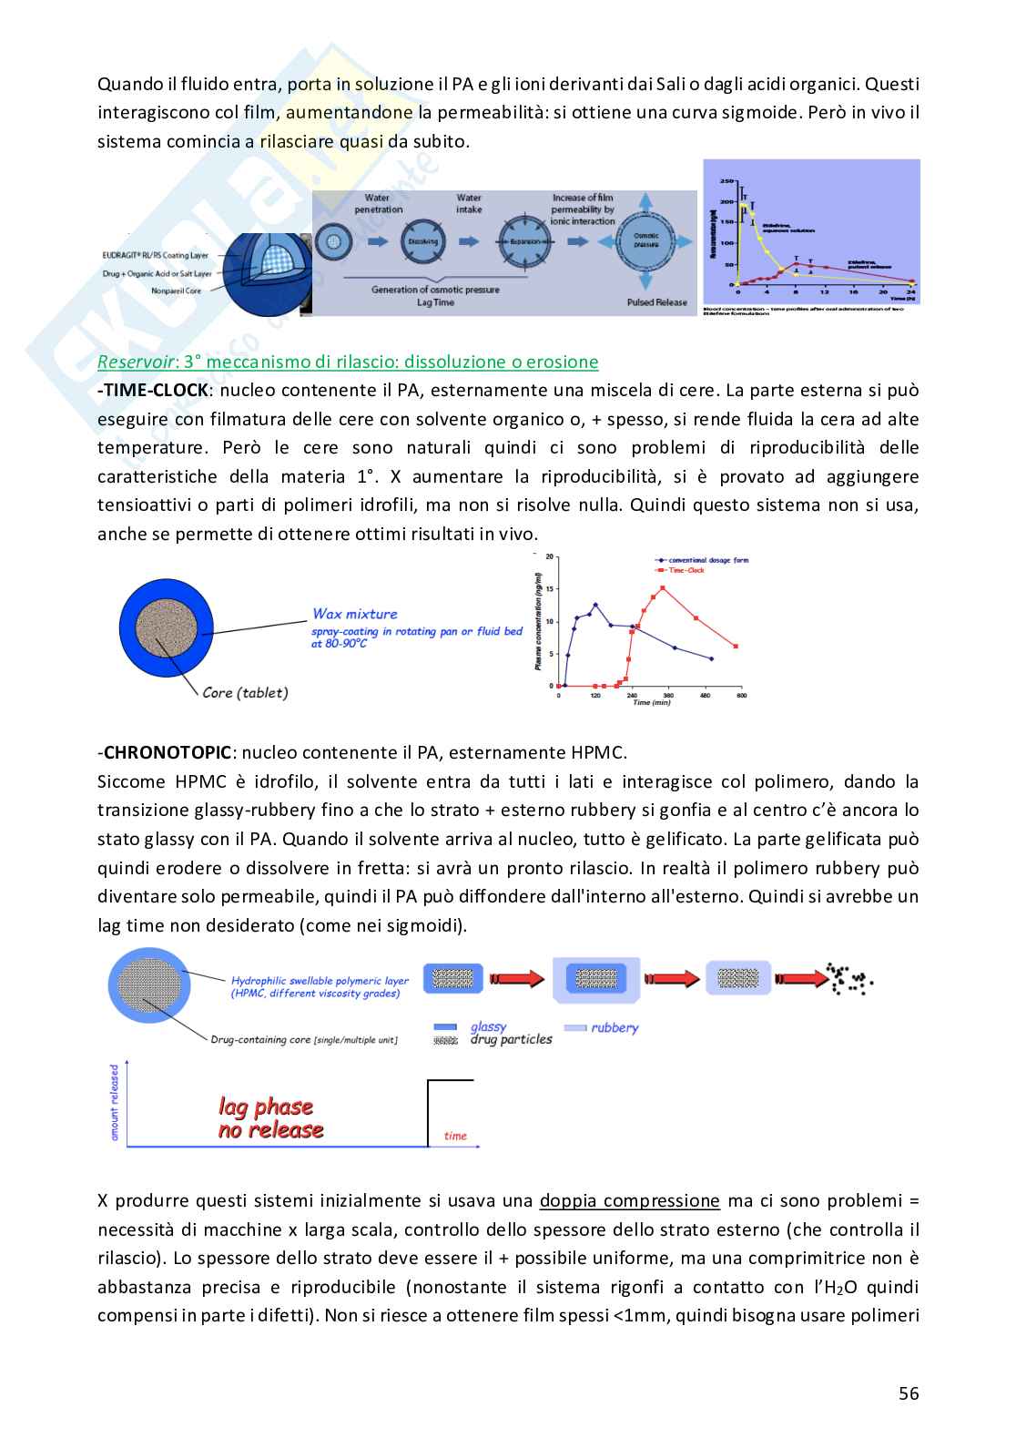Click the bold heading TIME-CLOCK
coord(156,391)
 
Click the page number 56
coord(908,1393)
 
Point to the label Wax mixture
coord(354,614)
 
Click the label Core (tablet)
coord(245,692)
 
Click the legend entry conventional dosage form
coord(707,560)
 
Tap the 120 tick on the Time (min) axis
coord(595,696)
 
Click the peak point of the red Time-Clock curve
coord(663,587)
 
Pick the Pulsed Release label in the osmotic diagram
coord(657,302)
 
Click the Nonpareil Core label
coord(177,291)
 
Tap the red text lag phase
coord(265,1107)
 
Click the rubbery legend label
coord(615,1027)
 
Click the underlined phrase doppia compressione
coord(629,1200)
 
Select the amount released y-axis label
coord(115,1102)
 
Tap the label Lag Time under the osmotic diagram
coord(434,302)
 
